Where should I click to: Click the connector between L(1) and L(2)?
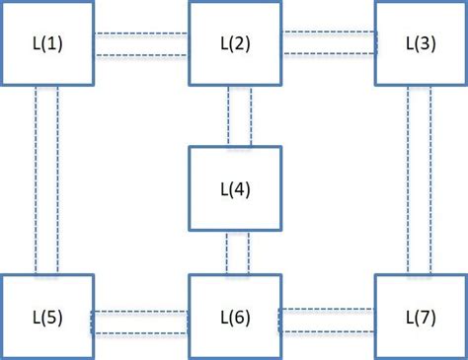[141, 44]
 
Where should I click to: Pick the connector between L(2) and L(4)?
[238, 116]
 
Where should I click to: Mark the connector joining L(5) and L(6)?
[141, 322]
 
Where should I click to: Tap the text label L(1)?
[47, 44]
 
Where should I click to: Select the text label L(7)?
[422, 317]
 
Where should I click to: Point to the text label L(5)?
[47, 317]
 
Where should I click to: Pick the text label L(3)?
[422, 43]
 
